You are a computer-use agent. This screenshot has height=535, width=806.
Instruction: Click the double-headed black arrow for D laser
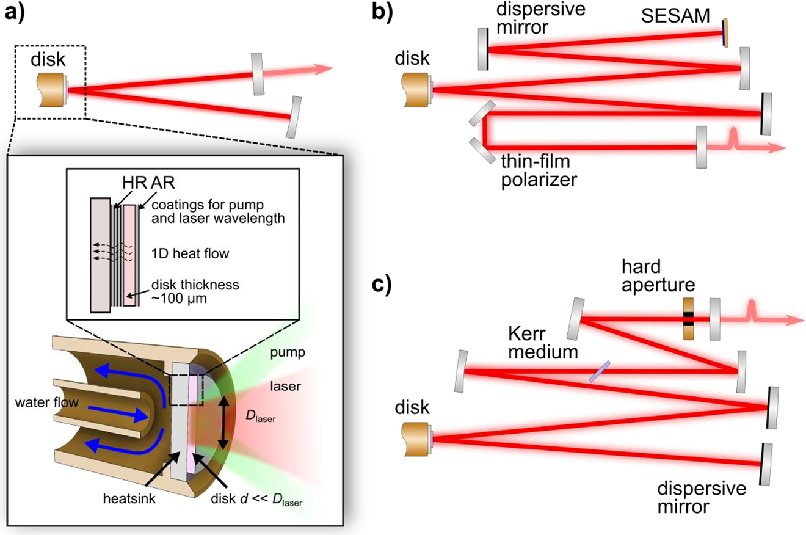point(225,421)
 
